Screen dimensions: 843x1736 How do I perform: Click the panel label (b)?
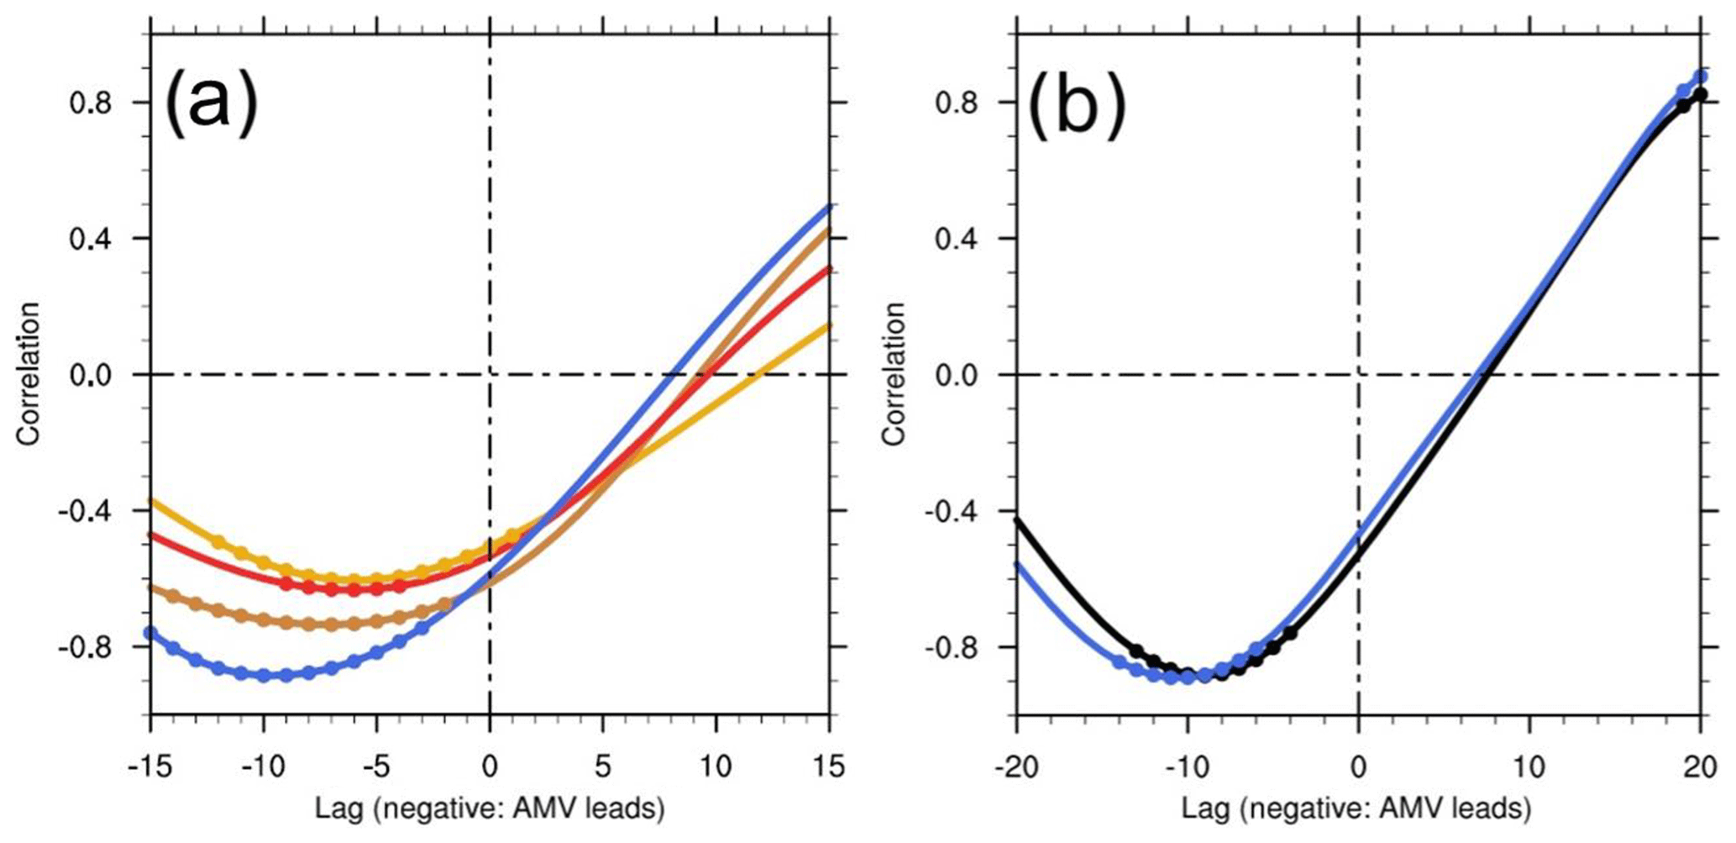1077,103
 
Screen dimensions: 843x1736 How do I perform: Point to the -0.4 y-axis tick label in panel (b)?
953,511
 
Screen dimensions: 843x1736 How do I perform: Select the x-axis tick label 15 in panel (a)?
829,767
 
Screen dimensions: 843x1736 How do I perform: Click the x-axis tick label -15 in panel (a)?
150,767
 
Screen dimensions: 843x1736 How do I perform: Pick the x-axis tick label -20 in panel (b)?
1016,767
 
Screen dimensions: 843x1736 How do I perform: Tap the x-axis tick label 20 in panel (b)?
1701,767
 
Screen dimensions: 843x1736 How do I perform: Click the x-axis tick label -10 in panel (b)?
1187,767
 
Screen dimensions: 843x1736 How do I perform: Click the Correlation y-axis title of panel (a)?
29,374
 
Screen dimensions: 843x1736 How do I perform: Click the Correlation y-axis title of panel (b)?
894,374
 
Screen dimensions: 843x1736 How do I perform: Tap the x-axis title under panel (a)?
490,809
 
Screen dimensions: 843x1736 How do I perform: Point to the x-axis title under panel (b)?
1356,809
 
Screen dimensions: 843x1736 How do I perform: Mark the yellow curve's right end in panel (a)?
829,325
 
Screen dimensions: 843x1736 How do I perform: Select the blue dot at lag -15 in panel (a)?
151,633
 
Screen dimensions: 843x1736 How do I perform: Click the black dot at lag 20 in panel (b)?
1701,95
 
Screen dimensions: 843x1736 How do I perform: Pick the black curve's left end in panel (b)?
1017,520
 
